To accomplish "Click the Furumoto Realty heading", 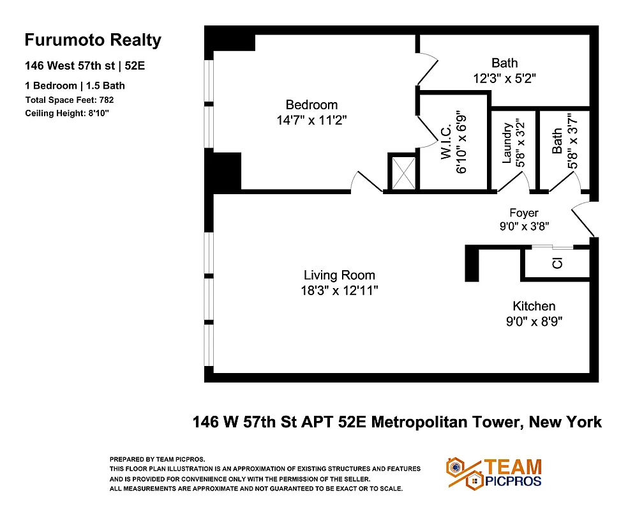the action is [x=93, y=40].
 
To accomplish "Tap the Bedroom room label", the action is [x=311, y=105].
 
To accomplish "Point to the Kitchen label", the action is [x=534, y=306].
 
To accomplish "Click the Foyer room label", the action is [x=523, y=213].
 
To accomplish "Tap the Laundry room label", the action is [x=507, y=144].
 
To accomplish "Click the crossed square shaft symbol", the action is [x=403, y=172].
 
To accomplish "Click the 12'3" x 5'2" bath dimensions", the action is [x=504, y=79].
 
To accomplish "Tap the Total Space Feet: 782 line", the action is [x=70, y=100].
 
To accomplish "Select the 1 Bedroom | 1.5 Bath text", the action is [x=75, y=86].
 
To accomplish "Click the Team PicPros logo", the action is [x=495, y=473].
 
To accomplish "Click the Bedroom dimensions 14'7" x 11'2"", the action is [x=311, y=120].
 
